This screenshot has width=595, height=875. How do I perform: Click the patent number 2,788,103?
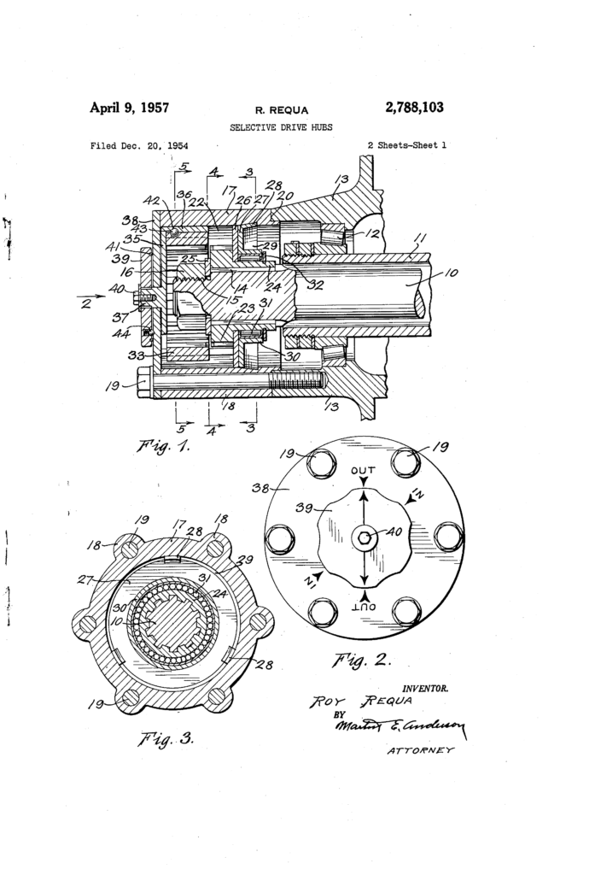click(414, 108)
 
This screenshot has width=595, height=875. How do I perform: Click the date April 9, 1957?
click(129, 108)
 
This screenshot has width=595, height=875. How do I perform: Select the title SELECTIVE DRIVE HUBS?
click(281, 127)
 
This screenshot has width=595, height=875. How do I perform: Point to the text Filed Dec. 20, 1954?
click(139, 146)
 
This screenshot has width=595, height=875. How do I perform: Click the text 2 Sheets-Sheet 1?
click(406, 146)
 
